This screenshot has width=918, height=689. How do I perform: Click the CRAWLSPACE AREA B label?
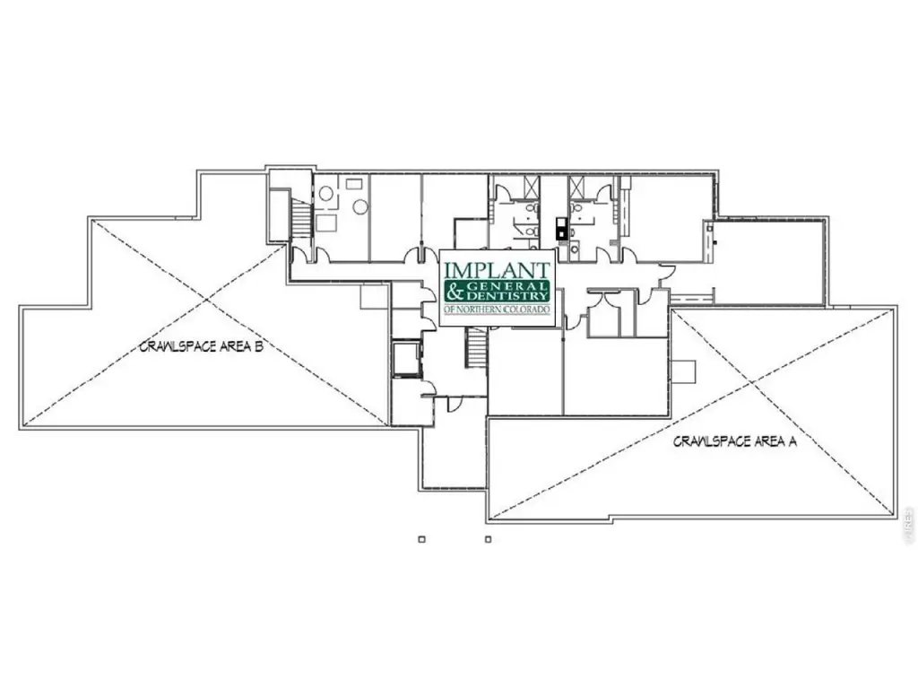pos(202,346)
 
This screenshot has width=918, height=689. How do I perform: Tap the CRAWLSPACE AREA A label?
pos(735,441)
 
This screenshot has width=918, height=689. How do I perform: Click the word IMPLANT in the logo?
pos(497,270)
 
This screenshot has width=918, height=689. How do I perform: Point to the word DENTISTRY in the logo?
pos(507,296)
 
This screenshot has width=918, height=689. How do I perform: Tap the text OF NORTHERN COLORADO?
pos(497,309)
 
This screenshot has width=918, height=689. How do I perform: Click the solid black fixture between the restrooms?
pos(561,229)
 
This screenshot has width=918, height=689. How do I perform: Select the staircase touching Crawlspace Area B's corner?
pos(301,218)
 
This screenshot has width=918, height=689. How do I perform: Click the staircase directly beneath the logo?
pos(476,348)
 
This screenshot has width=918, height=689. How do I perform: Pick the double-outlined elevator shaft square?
pos(406,359)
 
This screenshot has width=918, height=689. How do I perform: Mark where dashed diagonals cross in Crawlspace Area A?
pos(752,383)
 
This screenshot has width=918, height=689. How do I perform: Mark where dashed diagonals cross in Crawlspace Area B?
pos(206,300)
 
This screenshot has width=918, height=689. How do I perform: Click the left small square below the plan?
pos(421,539)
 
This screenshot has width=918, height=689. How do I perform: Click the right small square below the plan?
pos(489,539)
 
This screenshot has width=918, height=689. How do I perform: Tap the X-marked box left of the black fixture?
pos(530,187)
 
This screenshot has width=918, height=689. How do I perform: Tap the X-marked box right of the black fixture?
pos(576,187)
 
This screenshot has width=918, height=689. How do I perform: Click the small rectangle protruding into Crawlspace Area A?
pos(682,371)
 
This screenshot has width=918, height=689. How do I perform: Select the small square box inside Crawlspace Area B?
pos(374,296)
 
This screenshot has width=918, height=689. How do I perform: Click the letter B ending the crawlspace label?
pos(258,346)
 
